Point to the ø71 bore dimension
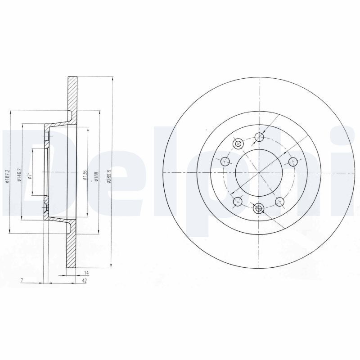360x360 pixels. [29, 175]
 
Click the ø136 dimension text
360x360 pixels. [85, 174]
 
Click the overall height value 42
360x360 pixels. [84, 280]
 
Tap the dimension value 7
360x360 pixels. [22, 280]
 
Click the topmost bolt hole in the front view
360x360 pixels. [259, 137]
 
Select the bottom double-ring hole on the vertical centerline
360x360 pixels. [259, 208]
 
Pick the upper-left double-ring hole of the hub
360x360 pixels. [238, 144]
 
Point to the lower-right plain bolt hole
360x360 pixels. [279, 202]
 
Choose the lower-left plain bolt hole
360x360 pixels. [237, 201]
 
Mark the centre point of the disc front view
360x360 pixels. [259, 173]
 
